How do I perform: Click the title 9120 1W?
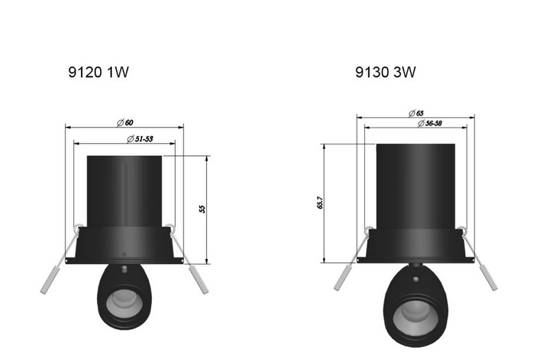pyautogui.click(x=99, y=73)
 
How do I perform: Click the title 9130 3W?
pyautogui.click(x=386, y=72)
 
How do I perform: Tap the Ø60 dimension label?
pyautogui.click(x=125, y=123)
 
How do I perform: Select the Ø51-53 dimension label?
pyautogui.click(x=140, y=139)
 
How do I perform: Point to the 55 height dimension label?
pyautogui.click(x=202, y=209)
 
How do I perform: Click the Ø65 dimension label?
pyautogui.click(x=416, y=113)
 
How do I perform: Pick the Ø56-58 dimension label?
pyautogui.click(x=430, y=123)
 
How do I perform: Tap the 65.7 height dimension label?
pyautogui.click(x=320, y=203)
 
